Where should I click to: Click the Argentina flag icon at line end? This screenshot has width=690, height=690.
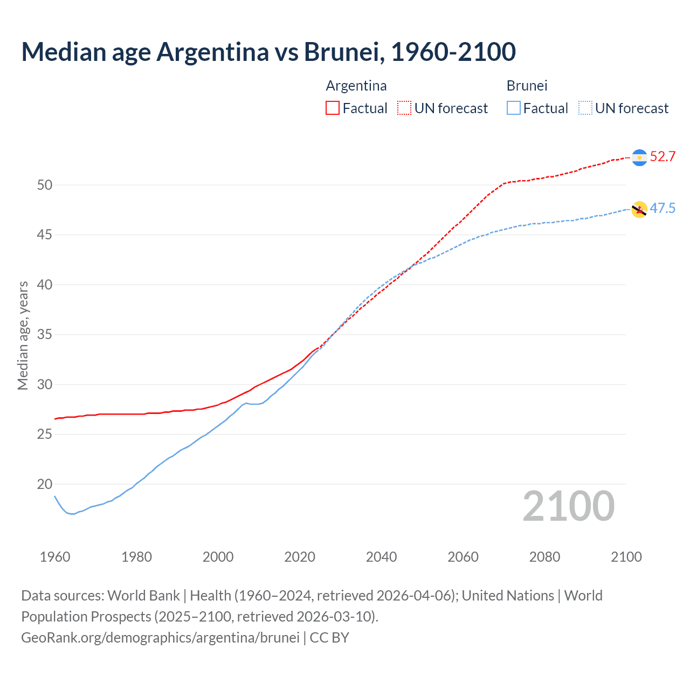pyautogui.click(x=639, y=157)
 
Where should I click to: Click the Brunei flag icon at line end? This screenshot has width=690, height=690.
pyautogui.click(x=639, y=209)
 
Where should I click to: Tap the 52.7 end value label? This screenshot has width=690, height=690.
pyautogui.click(x=663, y=157)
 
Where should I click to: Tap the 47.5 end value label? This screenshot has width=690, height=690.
pyautogui.click(x=663, y=209)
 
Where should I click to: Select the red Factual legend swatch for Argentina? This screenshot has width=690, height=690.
pyautogui.click(x=333, y=108)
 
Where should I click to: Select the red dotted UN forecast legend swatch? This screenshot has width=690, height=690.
pyautogui.click(x=404, y=108)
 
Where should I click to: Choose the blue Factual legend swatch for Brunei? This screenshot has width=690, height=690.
pyautogui.click(x=514, y=108)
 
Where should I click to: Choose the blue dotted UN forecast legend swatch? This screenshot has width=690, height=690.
pyautogui.click(x=585, y=108)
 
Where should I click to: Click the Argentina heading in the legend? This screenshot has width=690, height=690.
pyautogui.click(x=356, y=86)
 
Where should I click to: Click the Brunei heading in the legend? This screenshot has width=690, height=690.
pyautogui.click(x=527, y=86)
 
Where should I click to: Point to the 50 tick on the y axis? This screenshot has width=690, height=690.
pyautogui.click(x=45, y=185)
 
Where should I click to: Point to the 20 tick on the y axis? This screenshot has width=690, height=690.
pyautogui.click(x=45, y=484)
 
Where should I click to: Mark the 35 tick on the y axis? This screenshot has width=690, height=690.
pyautogui.click(x=45, y=335)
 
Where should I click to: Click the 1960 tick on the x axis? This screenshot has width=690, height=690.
pyautogui.click(x=55, y=557)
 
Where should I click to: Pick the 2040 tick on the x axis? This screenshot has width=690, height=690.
pyautogui.click(x=381, y=557)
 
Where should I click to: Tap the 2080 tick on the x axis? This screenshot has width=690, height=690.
pyautogui.click(x=544, y=557)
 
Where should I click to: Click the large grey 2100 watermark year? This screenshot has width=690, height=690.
pyautogui.click(x=568, y=506)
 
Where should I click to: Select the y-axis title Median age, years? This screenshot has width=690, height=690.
pyautogui.click(x=23, y=335)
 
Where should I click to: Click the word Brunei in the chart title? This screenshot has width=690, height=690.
pyautogui.click(x=343, y=52)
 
